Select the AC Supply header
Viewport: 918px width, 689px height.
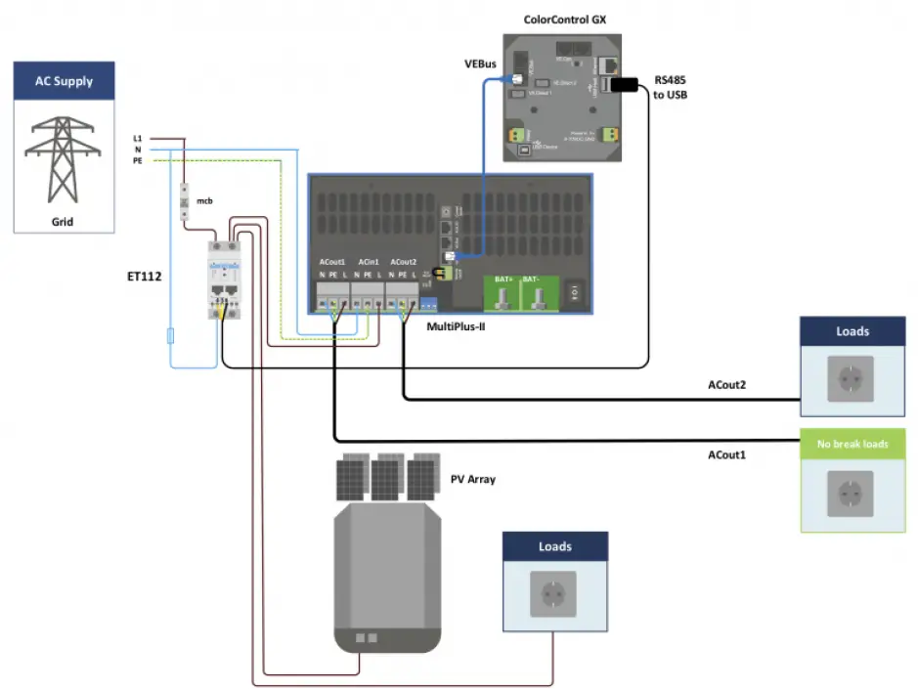[65, 81]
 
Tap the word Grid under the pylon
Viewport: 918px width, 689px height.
[63, 222]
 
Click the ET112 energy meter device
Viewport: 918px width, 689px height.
[224, 279]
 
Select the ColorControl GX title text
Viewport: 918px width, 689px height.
[554, 18]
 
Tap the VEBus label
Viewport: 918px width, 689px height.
[482, 65]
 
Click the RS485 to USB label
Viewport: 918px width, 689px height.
[671, 88]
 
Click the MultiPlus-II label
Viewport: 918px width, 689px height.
[456, 326]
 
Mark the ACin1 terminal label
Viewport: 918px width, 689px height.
[368, 263]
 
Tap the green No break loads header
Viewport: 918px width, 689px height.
[852, 444]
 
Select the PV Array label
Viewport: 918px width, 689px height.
[474, 479]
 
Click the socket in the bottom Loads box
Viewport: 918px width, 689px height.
[554, 593]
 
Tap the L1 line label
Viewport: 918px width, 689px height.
[138, 139]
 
